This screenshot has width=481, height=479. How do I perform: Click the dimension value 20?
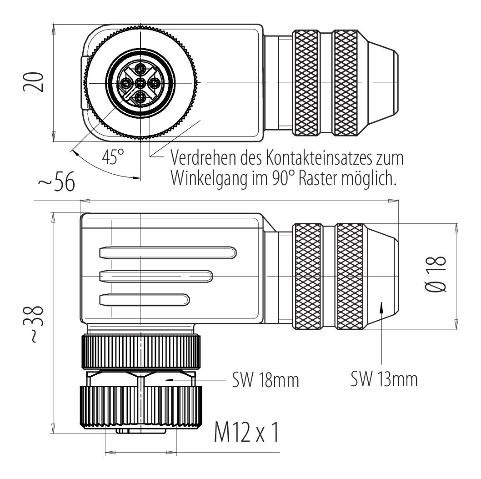click(x=33, y=82)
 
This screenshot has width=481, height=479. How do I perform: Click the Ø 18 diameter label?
click(x=436, y=274)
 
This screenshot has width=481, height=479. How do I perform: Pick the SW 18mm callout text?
click(x=266, y=380)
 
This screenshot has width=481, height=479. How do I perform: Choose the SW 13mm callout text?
click(x=384, y=379)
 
